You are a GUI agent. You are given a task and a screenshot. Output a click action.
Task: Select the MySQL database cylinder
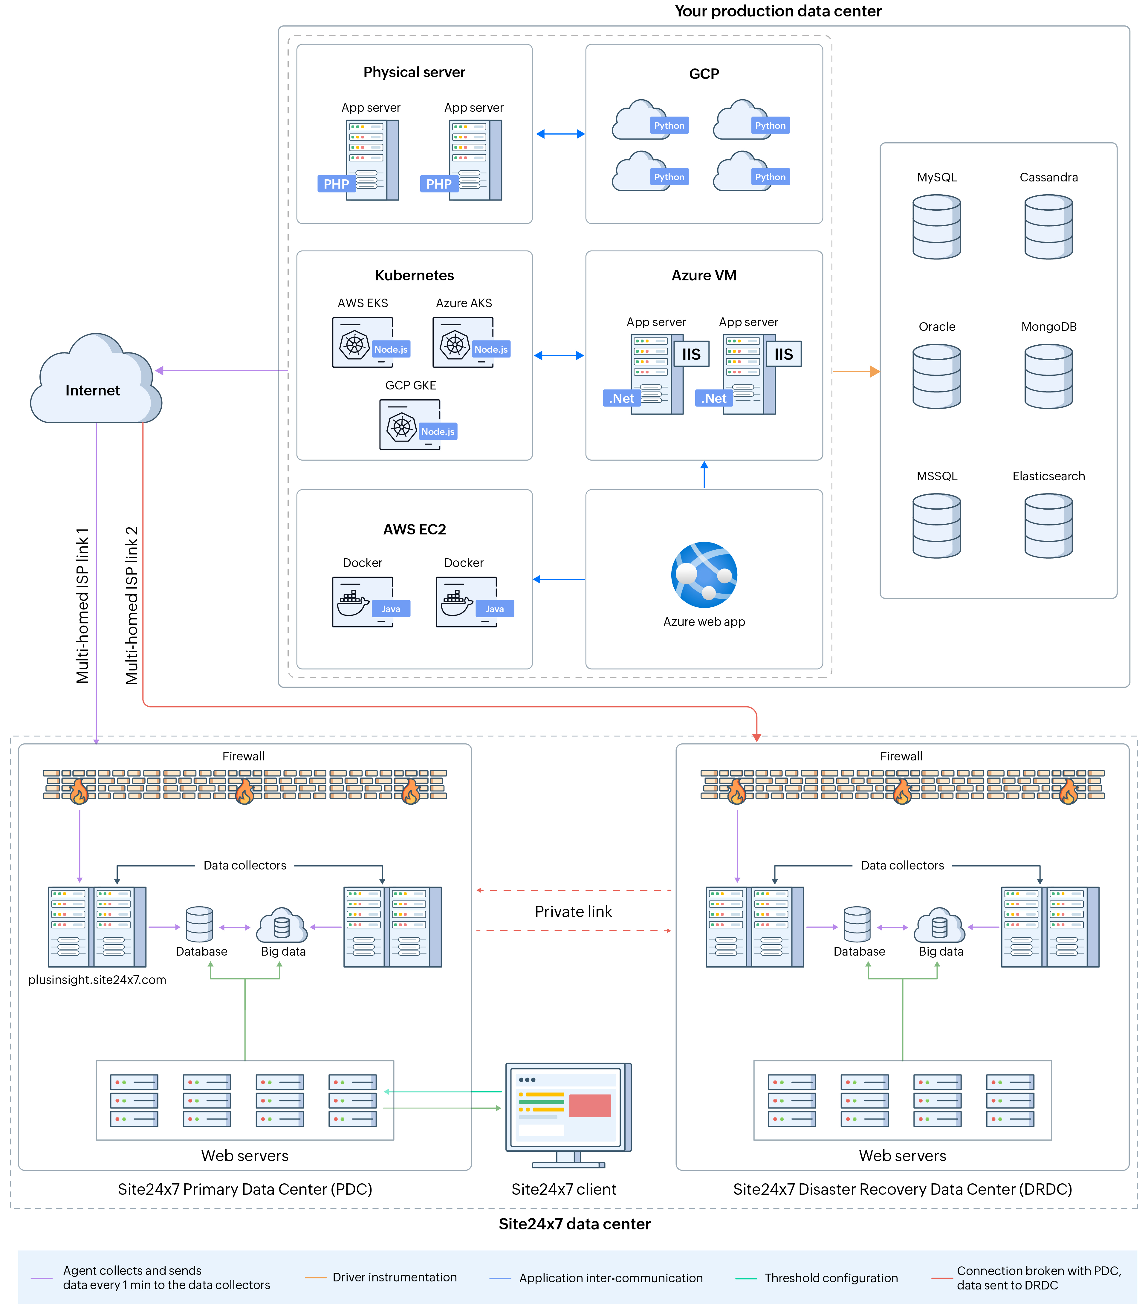tap(936, 227)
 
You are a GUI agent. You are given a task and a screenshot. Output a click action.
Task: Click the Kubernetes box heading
tap(414, 275)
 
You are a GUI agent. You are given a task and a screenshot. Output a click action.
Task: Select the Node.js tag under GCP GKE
tap(438, 431)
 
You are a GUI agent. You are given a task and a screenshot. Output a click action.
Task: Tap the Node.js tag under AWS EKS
tap(390, 349)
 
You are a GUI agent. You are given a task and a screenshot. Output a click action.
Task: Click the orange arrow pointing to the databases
tap(856, 371)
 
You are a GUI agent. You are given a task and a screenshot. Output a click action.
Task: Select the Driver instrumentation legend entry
tap(394, 1277)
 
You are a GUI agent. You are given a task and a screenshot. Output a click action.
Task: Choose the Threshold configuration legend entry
tap(831, 1278)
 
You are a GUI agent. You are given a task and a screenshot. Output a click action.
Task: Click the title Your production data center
tap(777, 11)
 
